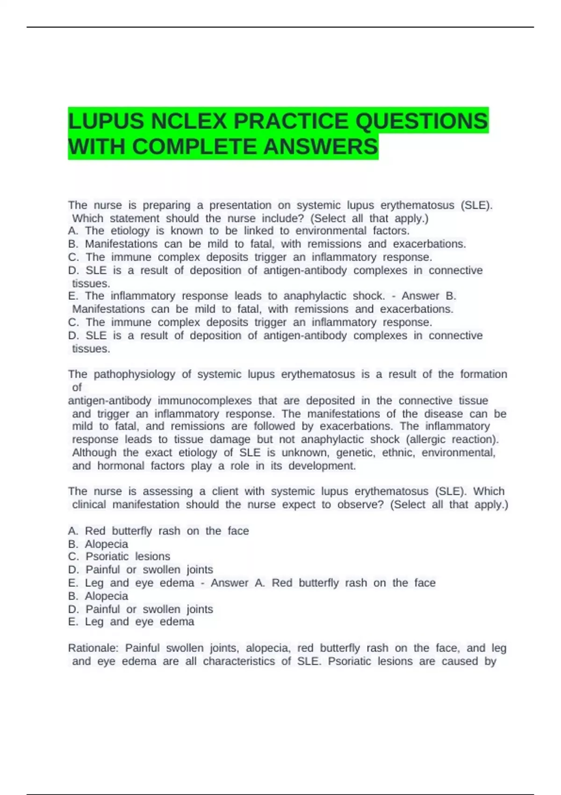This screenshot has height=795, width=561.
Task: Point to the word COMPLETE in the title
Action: (195, 147)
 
